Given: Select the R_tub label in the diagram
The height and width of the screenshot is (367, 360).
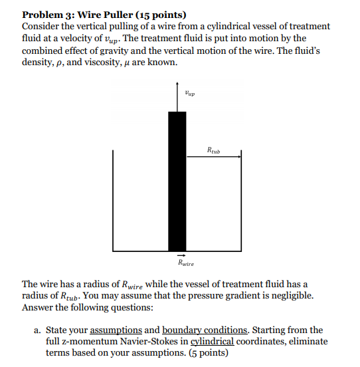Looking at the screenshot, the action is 213,150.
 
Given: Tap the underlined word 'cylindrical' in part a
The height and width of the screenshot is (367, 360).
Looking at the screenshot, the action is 213,341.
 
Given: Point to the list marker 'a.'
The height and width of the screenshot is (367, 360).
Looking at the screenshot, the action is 39,330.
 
